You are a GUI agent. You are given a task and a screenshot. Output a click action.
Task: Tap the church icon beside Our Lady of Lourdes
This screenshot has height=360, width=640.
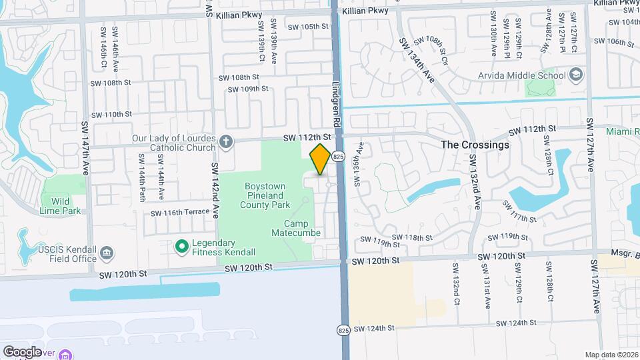227,141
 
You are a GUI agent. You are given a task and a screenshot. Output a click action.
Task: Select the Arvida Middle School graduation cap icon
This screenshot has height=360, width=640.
576,75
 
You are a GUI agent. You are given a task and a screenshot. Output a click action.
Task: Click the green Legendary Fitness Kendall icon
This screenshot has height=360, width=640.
181,247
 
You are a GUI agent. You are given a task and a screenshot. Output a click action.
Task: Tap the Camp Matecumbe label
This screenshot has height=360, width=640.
296,228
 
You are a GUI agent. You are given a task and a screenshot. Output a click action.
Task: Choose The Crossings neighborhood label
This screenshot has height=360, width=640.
475,145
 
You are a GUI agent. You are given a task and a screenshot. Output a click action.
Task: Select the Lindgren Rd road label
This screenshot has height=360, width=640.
337,105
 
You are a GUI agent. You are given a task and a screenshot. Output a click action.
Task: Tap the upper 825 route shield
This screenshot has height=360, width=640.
339,156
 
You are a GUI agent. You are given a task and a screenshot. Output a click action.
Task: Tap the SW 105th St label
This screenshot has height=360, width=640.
309,27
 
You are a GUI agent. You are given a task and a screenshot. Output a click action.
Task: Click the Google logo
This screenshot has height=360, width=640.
22,351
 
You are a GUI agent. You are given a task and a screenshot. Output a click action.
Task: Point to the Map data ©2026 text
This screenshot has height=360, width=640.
611,355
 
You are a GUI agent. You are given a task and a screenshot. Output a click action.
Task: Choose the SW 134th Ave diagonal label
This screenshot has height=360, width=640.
417,59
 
